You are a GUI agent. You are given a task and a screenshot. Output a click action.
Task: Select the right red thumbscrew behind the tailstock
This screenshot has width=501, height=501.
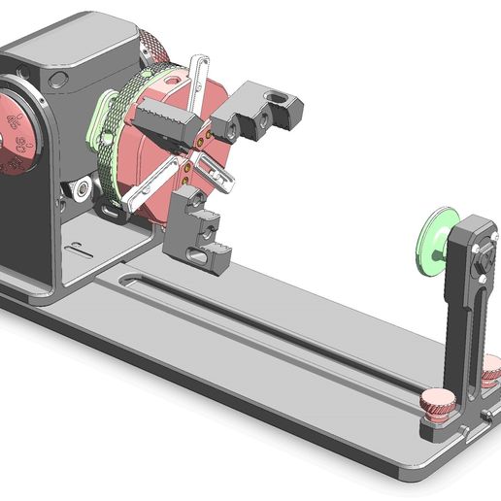tap(491, 368)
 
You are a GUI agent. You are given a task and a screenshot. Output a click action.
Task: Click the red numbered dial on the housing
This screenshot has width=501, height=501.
tap(17, 136)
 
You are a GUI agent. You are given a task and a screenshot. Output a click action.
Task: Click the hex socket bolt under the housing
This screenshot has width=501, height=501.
tap(84, 186)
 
